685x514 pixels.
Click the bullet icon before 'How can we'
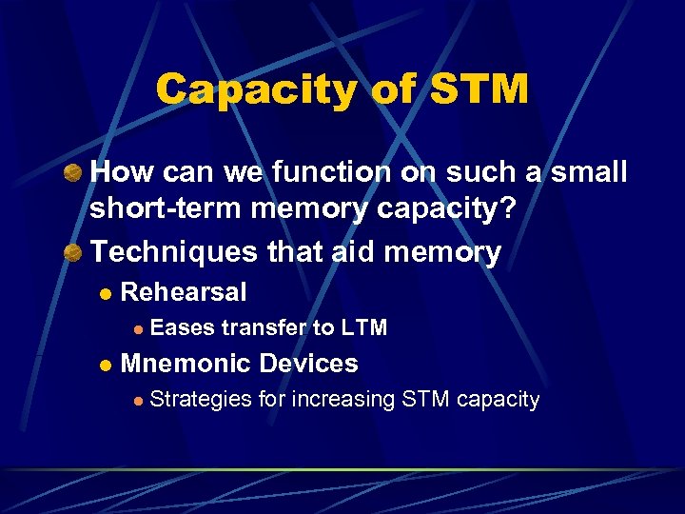[71, 172]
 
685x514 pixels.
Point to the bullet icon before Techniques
[71, 252]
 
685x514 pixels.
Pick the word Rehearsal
[184, 292]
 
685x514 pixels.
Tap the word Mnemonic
[187, 364]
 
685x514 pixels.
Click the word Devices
[308, 364]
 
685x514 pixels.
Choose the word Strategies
[201, 400]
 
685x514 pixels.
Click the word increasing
[342, 400]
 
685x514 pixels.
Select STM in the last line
[425, 400]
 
